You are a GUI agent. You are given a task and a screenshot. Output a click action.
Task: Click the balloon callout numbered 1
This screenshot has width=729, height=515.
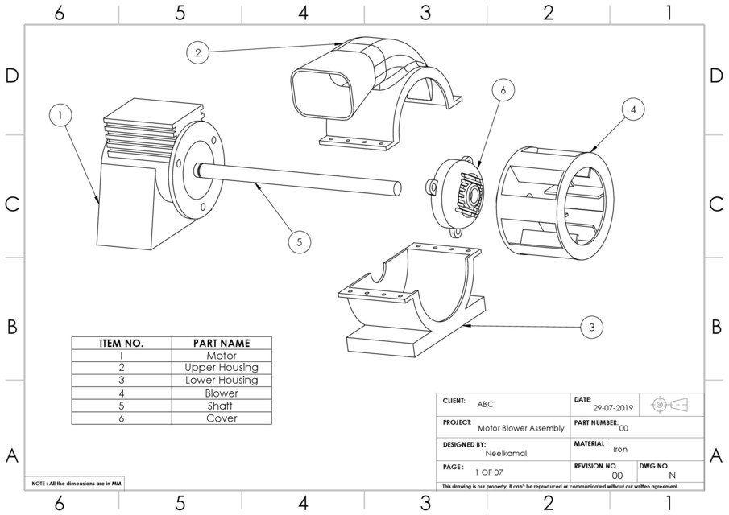tap(60, 116)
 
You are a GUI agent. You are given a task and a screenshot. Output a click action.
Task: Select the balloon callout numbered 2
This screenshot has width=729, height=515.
tap(197, 53)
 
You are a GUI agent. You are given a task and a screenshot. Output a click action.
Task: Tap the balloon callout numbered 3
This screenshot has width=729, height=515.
tap(591, 327)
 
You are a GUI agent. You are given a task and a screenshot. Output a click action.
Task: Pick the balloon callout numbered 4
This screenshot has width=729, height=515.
tap(633, 108)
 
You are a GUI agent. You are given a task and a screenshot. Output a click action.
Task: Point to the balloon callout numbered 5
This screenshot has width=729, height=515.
tap(299, 241)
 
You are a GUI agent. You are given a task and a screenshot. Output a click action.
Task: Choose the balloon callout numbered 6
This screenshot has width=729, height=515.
tap(503, 91)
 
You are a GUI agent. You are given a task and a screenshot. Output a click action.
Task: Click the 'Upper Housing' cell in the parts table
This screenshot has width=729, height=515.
tap(222, 368)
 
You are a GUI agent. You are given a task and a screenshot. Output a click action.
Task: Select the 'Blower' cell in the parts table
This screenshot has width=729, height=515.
tap(222, 393)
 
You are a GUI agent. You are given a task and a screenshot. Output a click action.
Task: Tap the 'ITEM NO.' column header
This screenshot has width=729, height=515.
tap(121, 343)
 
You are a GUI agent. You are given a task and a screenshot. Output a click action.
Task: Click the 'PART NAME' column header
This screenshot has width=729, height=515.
tap(222, 343)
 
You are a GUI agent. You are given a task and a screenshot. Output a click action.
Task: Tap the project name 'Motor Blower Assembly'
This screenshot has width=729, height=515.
tap(520, 429)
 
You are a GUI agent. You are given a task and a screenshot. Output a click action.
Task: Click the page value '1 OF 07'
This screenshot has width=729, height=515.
tap(489, 472)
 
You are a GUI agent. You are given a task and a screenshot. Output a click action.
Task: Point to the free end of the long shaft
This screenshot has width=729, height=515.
tap(396, 187)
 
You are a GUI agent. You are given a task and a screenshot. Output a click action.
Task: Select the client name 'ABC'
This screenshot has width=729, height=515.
tap(487, 404)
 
